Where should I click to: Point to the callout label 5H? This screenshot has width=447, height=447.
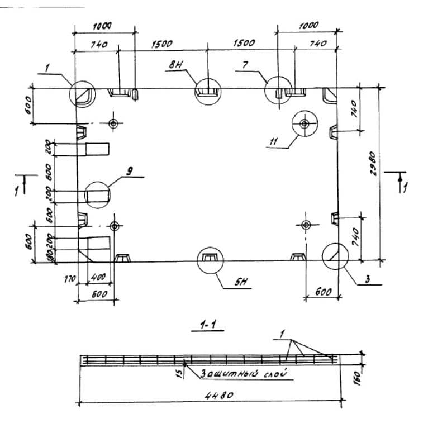pos(241,283)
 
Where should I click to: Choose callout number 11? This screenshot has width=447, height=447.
pos(273,142)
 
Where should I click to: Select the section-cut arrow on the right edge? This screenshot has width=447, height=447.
pos(400,182)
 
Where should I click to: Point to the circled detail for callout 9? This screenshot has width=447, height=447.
pos(98,194)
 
